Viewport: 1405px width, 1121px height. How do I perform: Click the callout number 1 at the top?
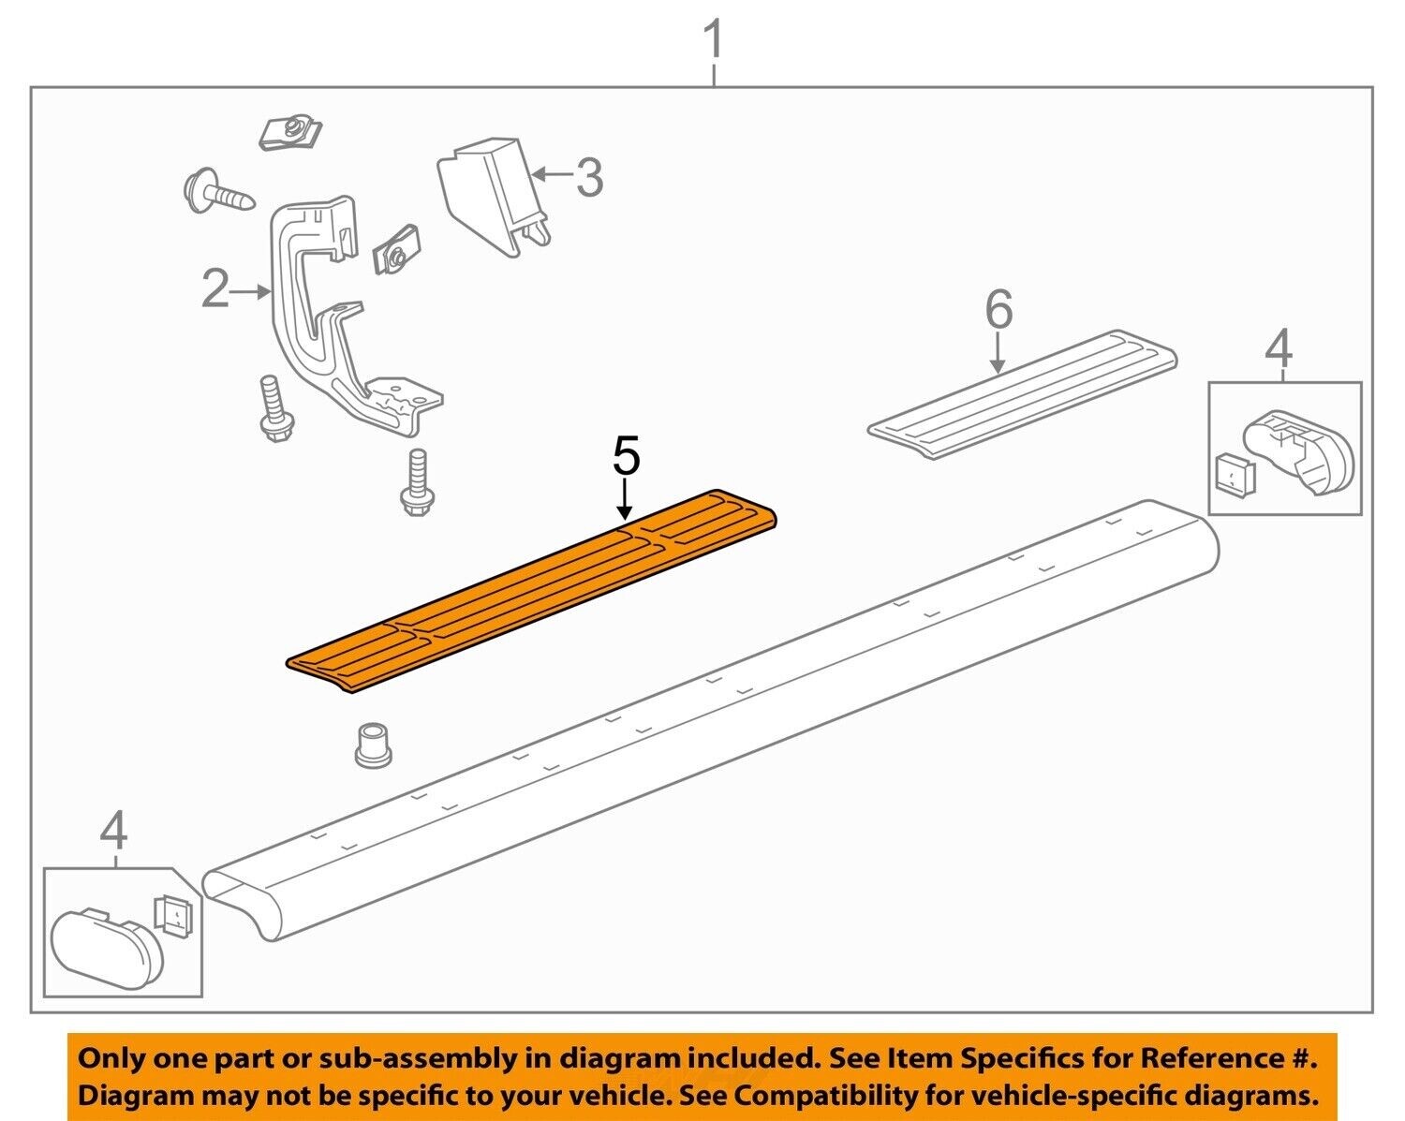click(x=714, y=42)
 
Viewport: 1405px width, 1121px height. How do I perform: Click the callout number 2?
click(x=215, y=290)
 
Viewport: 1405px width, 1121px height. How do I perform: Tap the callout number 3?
click(x=588, y=177)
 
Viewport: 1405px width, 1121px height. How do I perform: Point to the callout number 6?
click(x=999, y=309)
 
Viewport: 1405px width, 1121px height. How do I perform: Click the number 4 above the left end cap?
click(x=113, y=830)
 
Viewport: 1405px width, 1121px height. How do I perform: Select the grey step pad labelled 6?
click(x=1021, y=393)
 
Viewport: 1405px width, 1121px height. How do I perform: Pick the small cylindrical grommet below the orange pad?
click(x=375, y=745)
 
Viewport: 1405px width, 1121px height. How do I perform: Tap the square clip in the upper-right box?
click(x=1235, y=475)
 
